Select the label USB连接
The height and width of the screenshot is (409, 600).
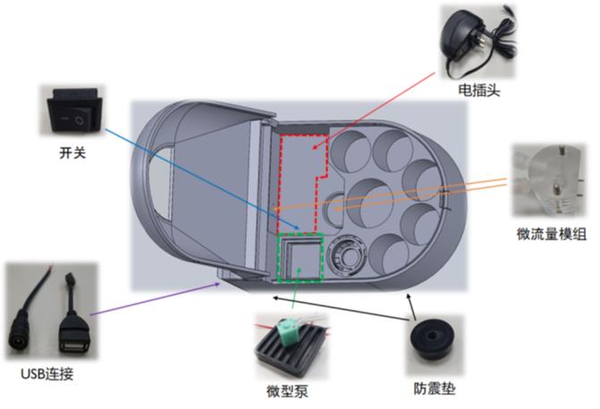coord(43,374)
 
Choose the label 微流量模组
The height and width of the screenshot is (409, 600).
coord(552,234)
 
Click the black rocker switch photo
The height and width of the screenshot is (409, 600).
coord(74,113)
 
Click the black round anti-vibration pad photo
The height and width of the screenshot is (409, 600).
coord(435,343)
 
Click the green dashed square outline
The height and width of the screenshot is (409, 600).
coord(300,259)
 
